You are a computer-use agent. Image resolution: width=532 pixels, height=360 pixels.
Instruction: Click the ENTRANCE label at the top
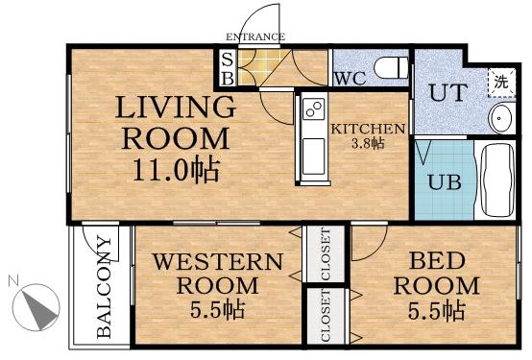tap(255, 37)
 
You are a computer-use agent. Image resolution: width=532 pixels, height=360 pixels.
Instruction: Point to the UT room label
tap(447, 94)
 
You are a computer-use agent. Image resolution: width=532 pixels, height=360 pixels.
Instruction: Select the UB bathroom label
tap(441, 182)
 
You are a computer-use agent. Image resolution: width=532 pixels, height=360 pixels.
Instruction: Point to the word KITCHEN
tap(368, 128)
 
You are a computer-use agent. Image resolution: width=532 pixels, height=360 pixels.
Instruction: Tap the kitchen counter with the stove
tap(313, 137)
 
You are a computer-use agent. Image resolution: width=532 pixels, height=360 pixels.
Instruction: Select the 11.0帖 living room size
tap(177, 172)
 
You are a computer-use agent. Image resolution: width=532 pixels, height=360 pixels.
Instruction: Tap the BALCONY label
tap(104, 288)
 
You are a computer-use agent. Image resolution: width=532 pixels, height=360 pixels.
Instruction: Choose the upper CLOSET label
tap(326, 254)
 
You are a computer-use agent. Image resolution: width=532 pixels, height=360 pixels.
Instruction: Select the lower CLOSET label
tap(326, 320)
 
